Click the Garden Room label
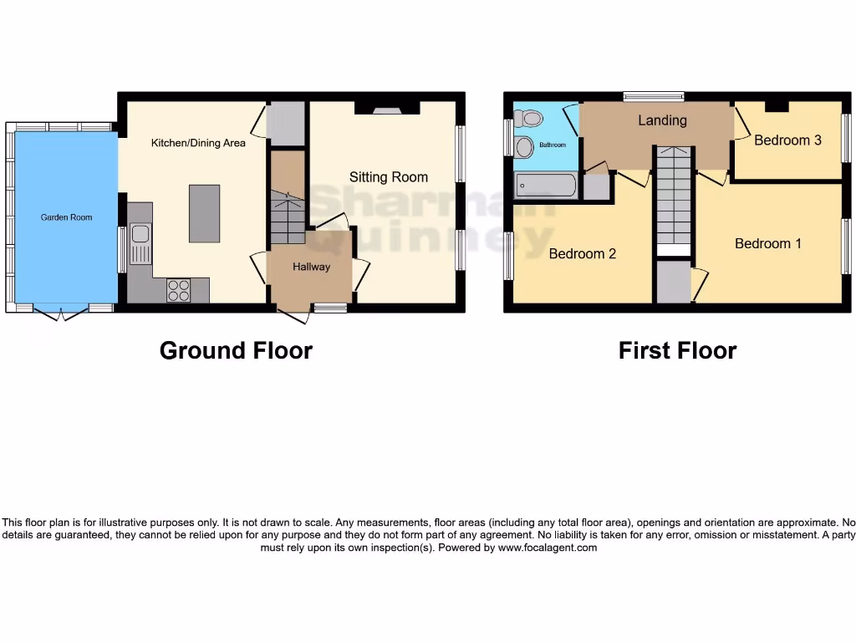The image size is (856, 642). [x=67, y=217]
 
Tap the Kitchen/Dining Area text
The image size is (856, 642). [x=198, y=143]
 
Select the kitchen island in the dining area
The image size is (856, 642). [x=204, y=214]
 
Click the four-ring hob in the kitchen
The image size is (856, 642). [x=178, y=290]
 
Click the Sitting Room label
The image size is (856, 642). [x=388, y=176]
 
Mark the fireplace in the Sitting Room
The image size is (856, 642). [x=386, y=107]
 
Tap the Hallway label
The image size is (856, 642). [x=311, y=267]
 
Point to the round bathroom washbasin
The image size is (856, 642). [x=524, y=147]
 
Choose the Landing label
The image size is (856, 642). [x=662, y=120]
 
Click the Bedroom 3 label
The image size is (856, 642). [x=787, y=140]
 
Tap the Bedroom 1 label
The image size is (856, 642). [x=768, y=243]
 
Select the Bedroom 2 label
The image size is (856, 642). [x=582, y=253]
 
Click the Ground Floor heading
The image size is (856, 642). [x=236, y=350]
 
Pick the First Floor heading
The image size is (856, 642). [x=677, y=350]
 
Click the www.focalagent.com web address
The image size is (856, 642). [x=548, y=548]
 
